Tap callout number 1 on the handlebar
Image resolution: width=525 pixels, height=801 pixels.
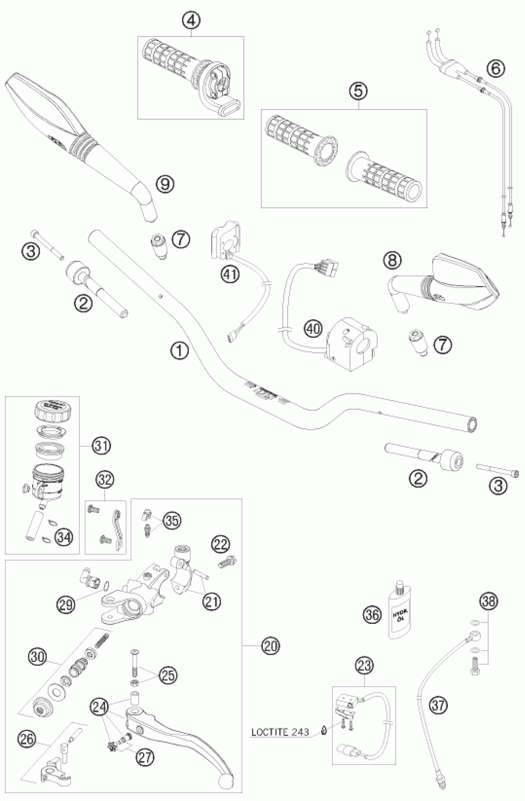(179, 351)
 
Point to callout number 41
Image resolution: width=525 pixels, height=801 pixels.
(230, 275)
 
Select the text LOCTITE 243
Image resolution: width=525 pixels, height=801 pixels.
(280, 732)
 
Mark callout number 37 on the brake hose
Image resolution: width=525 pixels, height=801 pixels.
(438, 704)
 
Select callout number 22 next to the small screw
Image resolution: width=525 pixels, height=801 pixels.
(220, 544)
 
